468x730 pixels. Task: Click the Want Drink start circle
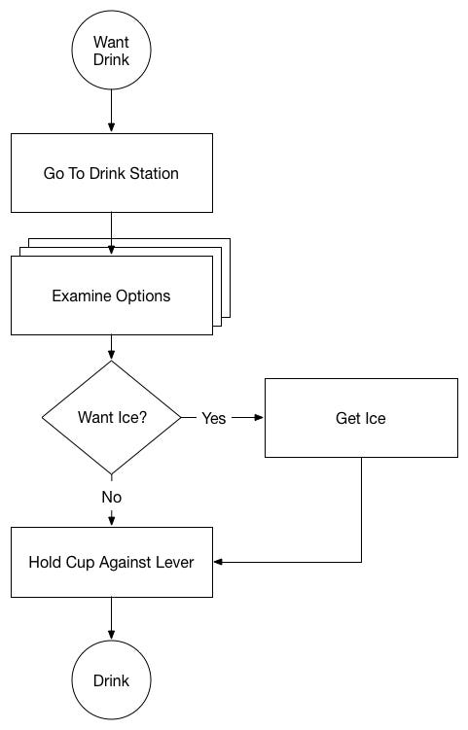112,50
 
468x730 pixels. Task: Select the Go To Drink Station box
112,173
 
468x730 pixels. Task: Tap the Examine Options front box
112,295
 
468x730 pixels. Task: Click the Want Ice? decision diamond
112,418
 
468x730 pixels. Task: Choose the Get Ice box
361,418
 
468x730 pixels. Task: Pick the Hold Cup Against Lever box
112,563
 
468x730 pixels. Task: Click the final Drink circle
112,680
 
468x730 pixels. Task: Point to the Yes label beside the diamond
214,418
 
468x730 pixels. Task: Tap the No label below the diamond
112,498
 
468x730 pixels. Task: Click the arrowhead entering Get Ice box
259,418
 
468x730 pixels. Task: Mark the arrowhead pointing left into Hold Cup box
219,562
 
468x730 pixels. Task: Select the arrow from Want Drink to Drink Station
112,111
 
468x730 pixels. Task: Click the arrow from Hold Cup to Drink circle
112,619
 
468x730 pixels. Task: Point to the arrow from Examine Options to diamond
112,347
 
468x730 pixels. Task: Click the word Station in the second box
154,173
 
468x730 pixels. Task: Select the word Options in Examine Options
143,296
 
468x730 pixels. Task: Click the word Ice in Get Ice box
375,418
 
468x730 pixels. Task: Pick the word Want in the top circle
111,42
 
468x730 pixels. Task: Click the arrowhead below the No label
112,521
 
